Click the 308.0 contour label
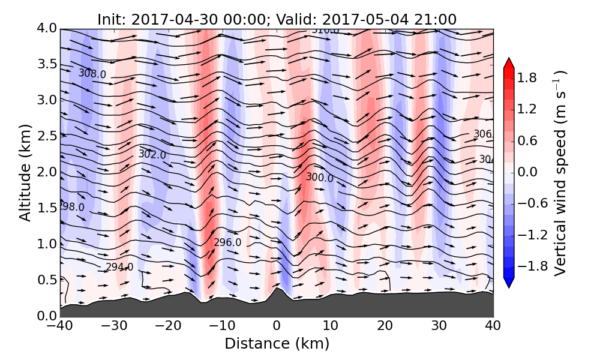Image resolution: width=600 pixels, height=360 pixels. click(92, 74)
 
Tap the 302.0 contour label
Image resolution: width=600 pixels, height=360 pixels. click(152, 154)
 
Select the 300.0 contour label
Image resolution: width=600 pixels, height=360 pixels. click(319, 177)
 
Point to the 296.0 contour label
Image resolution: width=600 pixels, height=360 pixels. click(227, 242)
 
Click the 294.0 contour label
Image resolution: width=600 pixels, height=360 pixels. click(119, 267)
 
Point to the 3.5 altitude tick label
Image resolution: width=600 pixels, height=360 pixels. click(45, 64)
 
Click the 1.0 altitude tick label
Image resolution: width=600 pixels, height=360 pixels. click(45, 244)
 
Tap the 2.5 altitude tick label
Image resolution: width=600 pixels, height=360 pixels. click(45, 136)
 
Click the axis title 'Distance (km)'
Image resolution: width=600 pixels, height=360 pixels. click(277, 344)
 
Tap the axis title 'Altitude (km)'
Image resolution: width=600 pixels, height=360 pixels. click(25, 172)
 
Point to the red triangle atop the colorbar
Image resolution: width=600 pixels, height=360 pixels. click(509, 63)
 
